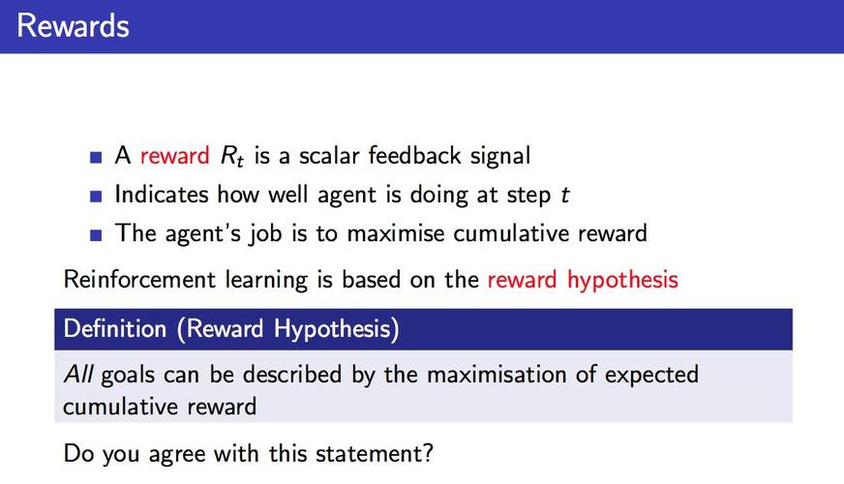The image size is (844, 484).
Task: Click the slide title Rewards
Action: pyautogui.click(x=74, y=26)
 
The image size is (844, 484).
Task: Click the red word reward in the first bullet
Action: pyautogui.click(x=174, y=156)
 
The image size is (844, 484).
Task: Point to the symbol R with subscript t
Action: pyautogui.click(x=232, y=157)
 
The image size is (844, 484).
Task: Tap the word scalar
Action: pyautogui.click(x=329, y=155)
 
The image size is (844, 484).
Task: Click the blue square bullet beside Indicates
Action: pyautogui.click(x=96, y=196)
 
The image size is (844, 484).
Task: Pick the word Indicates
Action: pyautogui.click(x=162, y=194)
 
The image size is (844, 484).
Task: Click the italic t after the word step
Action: pyautogui.click(x=564, y=195)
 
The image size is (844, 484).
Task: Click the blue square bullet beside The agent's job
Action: pyautogui.click(x=96, y=235)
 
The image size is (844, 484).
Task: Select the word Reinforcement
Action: pyautogui.click(x=140, y=280)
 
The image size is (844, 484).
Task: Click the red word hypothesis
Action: pyautogui.click(x=622, y=281)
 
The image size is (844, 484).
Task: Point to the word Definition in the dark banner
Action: pyautogui.click(x=115, y=328)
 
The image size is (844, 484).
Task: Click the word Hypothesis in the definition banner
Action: pyautogui.click(x=337, y=329)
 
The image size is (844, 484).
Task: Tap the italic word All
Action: pyautogui.click(x=78, y=375)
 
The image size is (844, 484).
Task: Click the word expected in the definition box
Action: pyautogui.click(x=651, y=376)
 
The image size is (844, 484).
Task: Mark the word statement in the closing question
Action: pyautogui.click(x=375, y=453)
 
